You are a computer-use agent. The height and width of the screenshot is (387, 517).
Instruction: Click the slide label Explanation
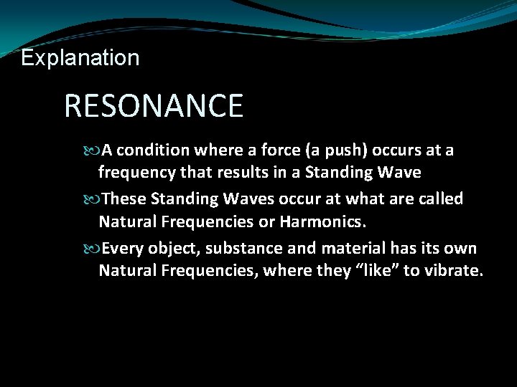click(80, 57)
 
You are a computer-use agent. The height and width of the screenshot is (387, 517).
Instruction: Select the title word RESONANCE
click(154, 106)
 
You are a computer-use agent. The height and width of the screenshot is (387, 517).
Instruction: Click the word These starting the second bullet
click(123, 198)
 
